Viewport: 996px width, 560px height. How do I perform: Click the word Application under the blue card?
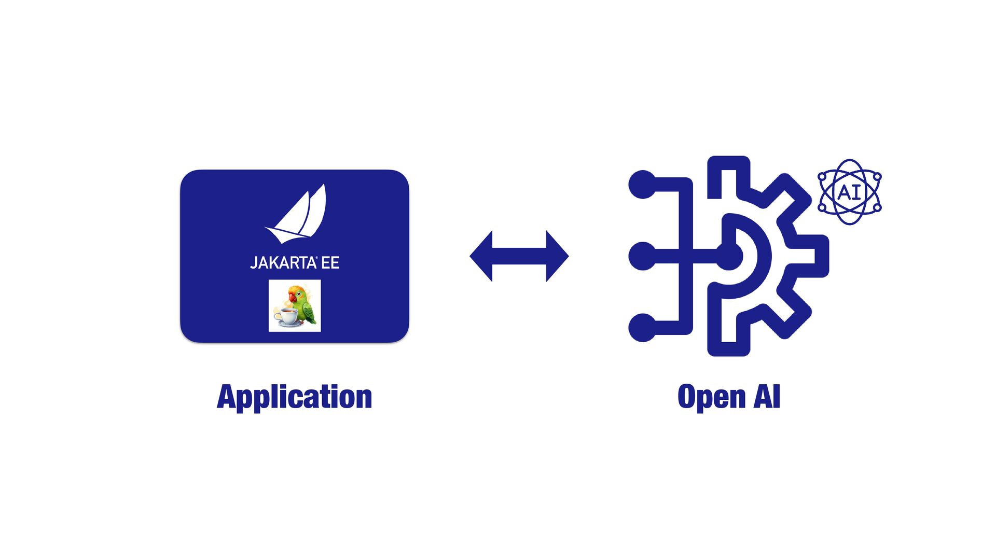click(x=294, y=397)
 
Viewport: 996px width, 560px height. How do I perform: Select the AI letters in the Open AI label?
click(x=767, y=397)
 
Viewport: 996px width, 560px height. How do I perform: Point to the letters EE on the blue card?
click(x=330, y=263)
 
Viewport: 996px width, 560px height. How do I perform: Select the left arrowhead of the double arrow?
click(x=481, y=256)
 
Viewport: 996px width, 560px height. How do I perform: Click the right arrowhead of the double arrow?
click(x=558, y=256)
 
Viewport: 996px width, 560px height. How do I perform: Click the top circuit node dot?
click(x=643, y=184)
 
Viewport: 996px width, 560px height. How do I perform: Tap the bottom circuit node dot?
click(x=643, y=328)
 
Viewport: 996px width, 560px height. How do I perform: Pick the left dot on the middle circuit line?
click(x=643, y=256)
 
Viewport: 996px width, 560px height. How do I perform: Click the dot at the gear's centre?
click(x=729, y=256)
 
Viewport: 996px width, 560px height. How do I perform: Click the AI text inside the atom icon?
click(x=849, y=192)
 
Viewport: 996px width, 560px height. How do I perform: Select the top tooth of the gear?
click(x=729, y=166)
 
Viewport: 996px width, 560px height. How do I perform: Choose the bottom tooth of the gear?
click(x=729, y=346)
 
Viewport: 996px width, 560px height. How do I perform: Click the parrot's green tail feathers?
click(x=311, y=316)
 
